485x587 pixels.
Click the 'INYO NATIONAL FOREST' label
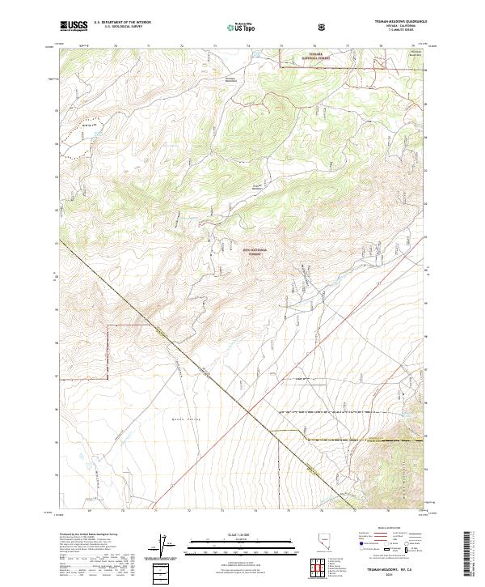click(x=253, y=252)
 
